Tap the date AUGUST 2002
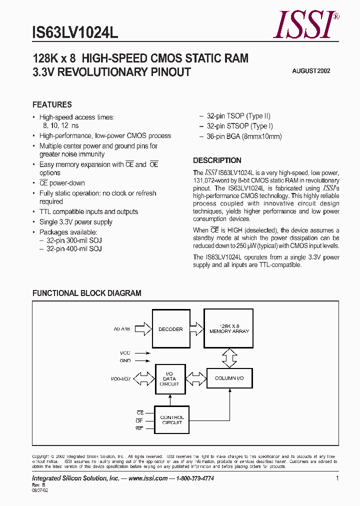[311, 71]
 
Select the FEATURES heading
[52, 104]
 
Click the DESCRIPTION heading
[217, 160]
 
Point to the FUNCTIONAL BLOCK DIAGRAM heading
[86, 293]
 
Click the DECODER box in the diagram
[170, 329]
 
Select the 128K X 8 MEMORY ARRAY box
[229, 328]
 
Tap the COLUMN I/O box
[229, 378]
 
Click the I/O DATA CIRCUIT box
[170, 378]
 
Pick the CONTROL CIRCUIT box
[171, 420]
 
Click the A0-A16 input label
[121, 329]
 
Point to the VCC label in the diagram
[125, 352]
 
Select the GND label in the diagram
[125, 360]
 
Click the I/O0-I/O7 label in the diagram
[120, 378]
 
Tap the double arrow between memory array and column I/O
[229, 356]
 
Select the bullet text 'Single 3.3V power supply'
[75, 222]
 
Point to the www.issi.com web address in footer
[148, 478]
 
